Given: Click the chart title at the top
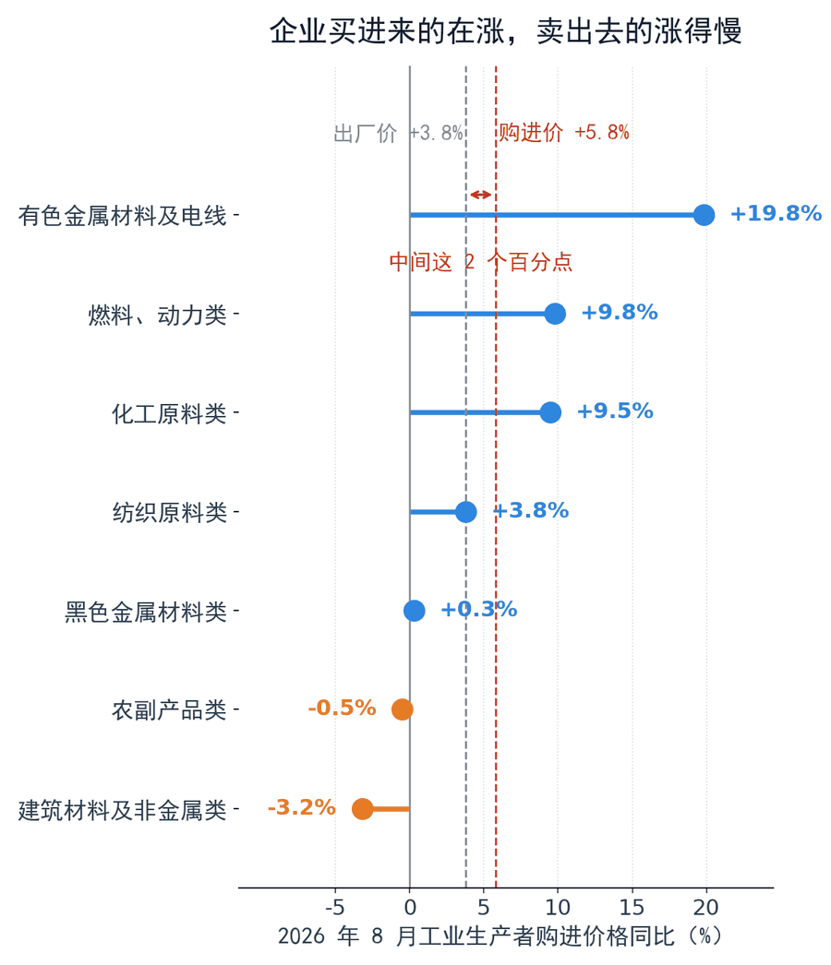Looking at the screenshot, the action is tap(505, 30).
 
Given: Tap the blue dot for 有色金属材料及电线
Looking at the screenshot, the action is tap(704, 215).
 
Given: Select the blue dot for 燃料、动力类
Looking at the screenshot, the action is tap(555, 314).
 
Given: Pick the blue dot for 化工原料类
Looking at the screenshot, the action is tap(550, 412).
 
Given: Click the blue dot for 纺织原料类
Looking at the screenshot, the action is tap(465, 511).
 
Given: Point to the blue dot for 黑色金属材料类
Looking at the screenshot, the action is tap(414, 611).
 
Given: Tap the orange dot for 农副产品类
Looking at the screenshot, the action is tap(403, 709).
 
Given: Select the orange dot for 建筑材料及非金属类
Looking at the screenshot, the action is tap(362, 809).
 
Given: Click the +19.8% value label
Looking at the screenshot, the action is tap(776, 213).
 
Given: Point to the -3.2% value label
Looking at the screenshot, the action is tap(301, 807).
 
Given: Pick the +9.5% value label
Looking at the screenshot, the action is tap(615, 411).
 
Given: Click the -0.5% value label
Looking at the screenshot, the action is tap(342, 708).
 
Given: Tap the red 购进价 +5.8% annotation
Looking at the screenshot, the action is tap(563, 132).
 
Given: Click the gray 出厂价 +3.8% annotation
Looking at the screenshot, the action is tap(398, 133).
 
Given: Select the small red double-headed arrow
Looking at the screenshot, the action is tap(480, 195).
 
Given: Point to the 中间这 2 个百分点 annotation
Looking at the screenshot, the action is tap(480, 262).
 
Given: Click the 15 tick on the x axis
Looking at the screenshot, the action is tap(632, 907).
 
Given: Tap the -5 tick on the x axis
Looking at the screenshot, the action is tap(335, 907).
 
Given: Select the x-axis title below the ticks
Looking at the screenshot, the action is tap(499, 936).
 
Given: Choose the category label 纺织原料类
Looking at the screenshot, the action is tap(169, 512).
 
